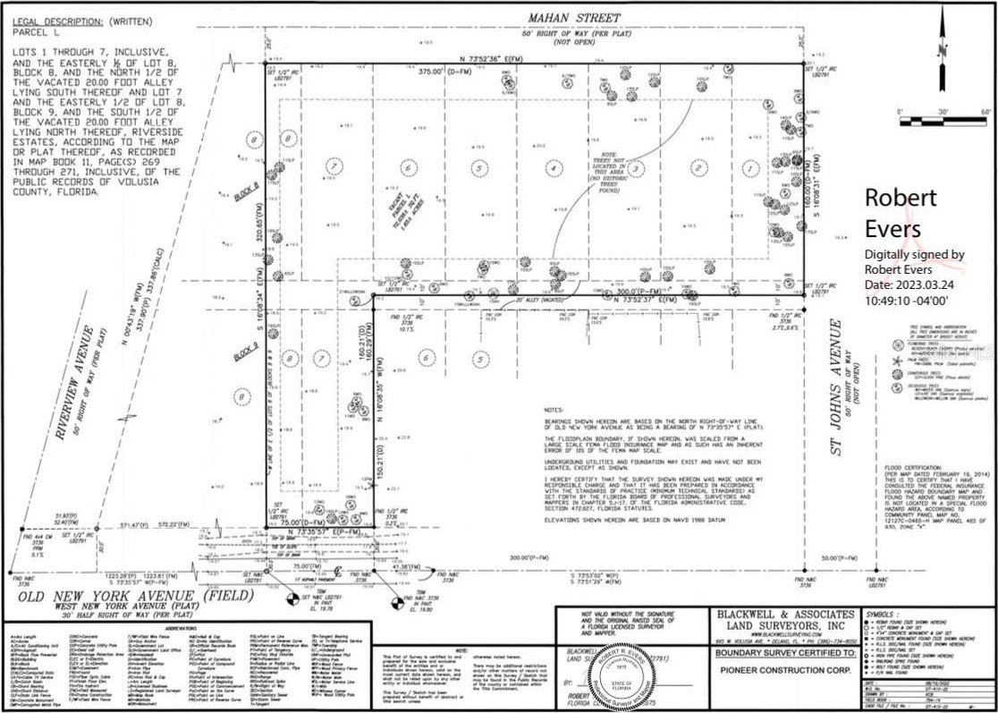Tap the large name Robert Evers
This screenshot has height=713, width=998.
coord(900,212)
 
